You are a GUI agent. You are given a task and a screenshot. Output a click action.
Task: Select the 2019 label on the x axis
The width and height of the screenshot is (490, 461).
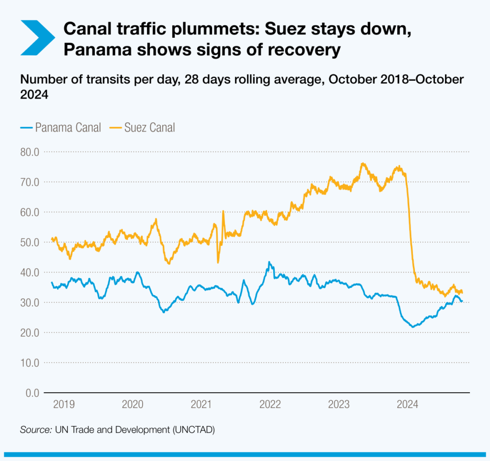[64, 405]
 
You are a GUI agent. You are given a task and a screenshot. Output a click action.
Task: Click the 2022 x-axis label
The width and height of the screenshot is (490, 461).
[270, 405]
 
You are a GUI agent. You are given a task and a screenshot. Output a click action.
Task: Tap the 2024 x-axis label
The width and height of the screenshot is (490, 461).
[408, 405]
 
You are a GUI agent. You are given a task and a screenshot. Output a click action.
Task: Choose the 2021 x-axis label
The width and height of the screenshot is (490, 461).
[201, 405]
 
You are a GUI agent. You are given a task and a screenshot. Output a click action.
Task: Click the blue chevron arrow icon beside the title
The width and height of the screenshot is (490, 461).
[37, 37]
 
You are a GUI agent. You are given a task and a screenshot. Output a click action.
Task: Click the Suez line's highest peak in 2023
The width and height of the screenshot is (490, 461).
[363, 164]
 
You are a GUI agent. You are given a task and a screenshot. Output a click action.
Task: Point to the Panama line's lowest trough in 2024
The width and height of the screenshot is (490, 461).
[412, 327]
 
